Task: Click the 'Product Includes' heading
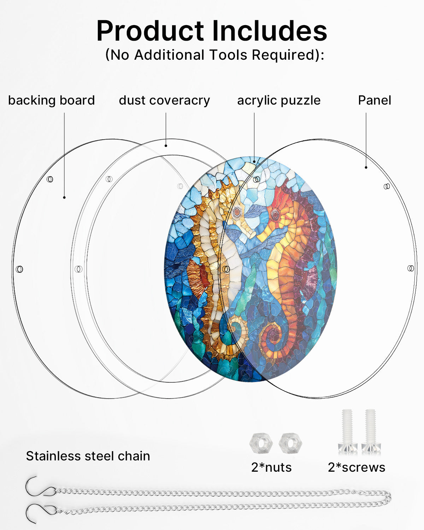(x=212, y=30)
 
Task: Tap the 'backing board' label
(x=52, y=100)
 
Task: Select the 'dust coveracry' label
(x=164, y=100)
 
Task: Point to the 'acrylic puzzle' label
(x=279, y=100)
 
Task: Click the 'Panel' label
(x=375, y=100)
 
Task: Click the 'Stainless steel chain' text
(x=88, y=456)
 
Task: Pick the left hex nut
(x=261, y=443)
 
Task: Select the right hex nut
(x=290, y=443)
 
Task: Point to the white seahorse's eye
(x=237, y=211)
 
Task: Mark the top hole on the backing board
(x=50, y=179)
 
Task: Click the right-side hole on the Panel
(x=411, y=268)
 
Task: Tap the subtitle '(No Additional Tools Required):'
(x=214, y=55)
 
